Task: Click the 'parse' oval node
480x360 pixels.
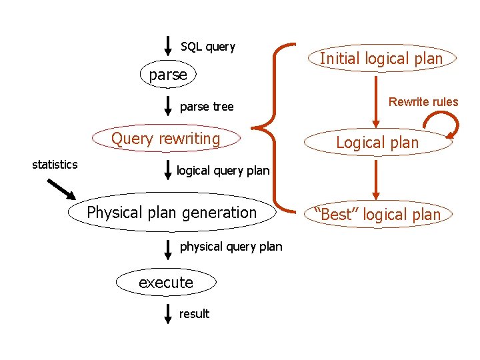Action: coord(168,75)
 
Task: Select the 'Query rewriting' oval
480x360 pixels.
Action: coord(165,139)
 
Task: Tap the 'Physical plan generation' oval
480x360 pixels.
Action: coord(172,213)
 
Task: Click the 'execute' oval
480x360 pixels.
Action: coord(166,282)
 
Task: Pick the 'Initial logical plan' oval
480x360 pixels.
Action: coord(381,59)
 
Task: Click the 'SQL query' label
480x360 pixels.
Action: coord(208,47)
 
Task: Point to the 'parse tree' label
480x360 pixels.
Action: coord(207,107)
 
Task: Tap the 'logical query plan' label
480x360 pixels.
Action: coord(223,171)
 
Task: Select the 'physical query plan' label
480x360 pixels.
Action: coord(231,247)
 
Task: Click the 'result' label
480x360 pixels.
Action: coord(194,314)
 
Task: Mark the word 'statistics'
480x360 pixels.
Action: coord(55,165)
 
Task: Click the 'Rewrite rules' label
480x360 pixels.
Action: coord(423,102)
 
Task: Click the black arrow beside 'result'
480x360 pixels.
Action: coord(169,313)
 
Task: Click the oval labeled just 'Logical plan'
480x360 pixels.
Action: coord(377,142)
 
